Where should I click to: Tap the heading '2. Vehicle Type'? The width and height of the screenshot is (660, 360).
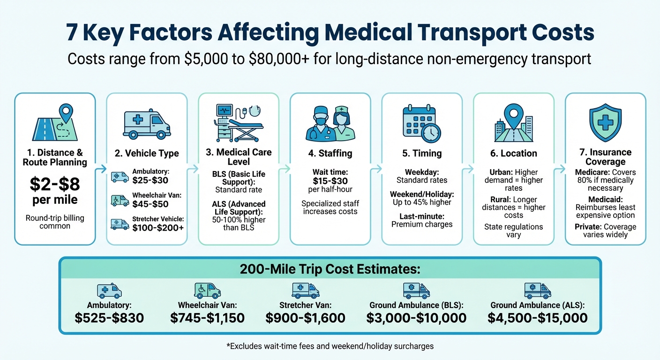147,153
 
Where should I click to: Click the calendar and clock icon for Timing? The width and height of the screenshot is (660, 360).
422,123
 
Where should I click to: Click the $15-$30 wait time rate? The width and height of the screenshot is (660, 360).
330,180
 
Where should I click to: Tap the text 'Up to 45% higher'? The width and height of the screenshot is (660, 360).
422,202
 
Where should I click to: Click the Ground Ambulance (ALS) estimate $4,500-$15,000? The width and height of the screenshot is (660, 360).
537,318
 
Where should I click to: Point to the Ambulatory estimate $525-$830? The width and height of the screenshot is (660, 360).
109,318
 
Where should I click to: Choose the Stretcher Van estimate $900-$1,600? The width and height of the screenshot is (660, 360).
305,318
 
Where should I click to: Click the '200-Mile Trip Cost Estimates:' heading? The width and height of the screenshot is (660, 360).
330,270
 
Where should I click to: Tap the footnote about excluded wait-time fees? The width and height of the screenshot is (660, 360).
330,346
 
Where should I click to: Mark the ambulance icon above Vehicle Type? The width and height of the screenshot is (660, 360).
147,124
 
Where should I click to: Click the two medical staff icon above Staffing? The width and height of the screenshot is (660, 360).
330,123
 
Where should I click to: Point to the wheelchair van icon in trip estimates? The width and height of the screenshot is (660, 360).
207,291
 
